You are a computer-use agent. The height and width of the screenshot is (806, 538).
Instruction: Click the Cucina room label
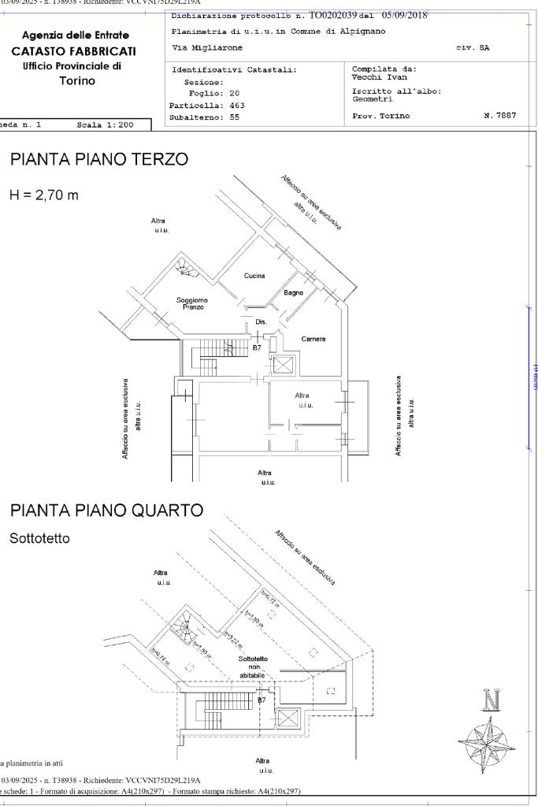coord(254,276)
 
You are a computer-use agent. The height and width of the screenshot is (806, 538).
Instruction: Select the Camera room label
coord(313,339)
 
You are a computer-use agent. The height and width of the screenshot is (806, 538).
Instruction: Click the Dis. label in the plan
coord(262,321)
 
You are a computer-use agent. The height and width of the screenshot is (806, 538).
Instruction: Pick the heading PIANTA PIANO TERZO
coord(98,160)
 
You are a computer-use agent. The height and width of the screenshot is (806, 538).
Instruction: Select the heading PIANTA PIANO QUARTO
coord(106,511)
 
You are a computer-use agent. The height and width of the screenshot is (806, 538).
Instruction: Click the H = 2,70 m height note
coord(44,194)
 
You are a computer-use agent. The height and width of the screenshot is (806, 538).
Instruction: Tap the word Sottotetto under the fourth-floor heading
coord(39,539)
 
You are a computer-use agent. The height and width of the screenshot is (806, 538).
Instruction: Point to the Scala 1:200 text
coord(106,124)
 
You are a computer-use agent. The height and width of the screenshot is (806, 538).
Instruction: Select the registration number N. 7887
coord(500,116)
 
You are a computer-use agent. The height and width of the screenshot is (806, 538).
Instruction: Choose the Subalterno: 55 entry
coord(204,117)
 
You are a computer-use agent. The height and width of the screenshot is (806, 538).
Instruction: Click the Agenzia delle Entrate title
coord(76,35)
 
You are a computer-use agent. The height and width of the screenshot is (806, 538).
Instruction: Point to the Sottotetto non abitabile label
coord(253,667)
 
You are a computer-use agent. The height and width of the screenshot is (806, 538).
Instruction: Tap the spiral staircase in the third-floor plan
coord(187,271)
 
